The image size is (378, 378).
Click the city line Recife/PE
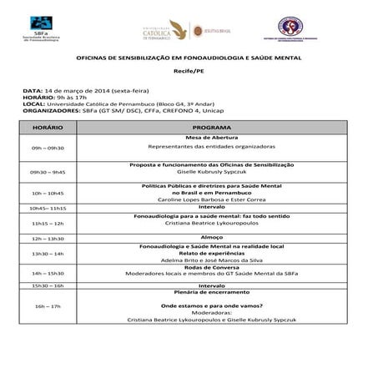[x=189, y=73]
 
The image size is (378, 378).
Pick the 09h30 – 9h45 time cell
[x=48, y=171]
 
